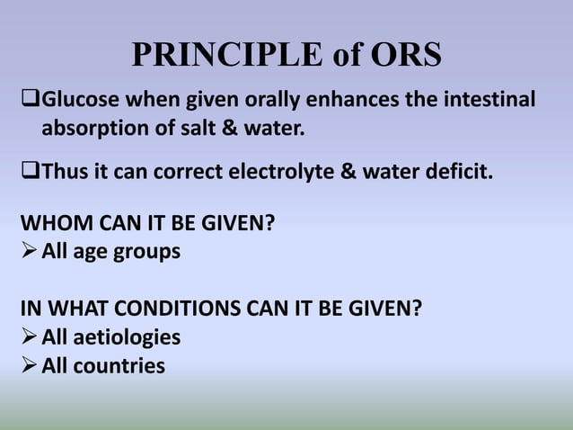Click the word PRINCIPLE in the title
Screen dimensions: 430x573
pyautogui.click(x=225, y=56)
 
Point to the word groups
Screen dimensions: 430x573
pyautogui.click(x=146, y=252)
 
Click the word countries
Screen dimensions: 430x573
pyautogui.click(x=122, y=366)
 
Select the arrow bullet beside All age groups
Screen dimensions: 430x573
pyautogui.click(x=29, y=251)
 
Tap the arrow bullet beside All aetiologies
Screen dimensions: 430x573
pyautogui.click(x=29, y=337)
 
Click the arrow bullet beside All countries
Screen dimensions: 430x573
pyautogui.click(x=29, y=366)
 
